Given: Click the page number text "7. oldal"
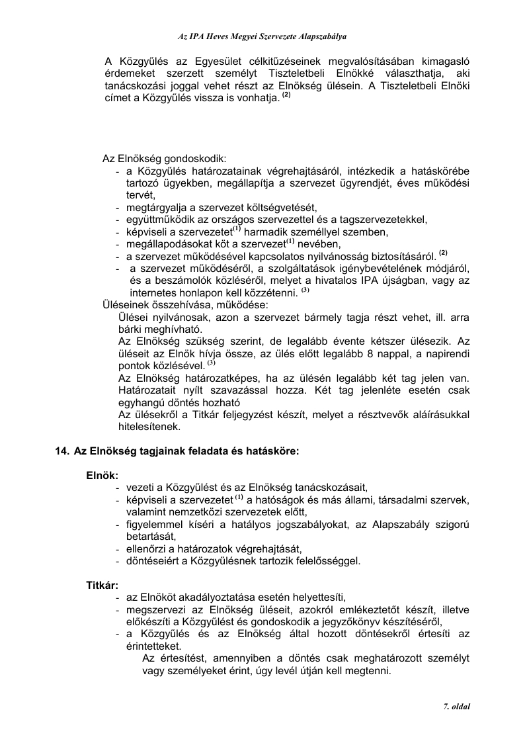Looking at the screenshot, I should [456, 707].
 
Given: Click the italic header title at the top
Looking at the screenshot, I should [263, 37].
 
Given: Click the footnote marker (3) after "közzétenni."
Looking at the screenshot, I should [305, 290].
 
